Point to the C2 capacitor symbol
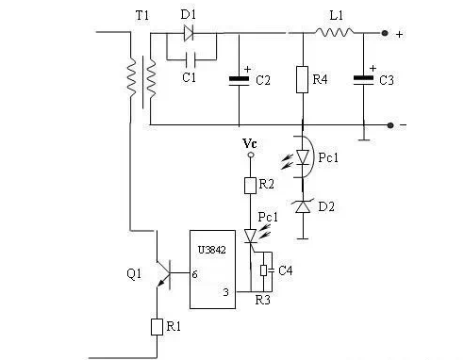(x=239, y=81)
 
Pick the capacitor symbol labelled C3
(x=363, y=79)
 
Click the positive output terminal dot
(x=387, y=34)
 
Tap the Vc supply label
(x=249, y=142)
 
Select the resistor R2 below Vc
(x=251, y=186)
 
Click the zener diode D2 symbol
(x=302, y=205)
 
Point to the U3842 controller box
(x=216, y=269)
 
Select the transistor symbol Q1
(x=165, y=273)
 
